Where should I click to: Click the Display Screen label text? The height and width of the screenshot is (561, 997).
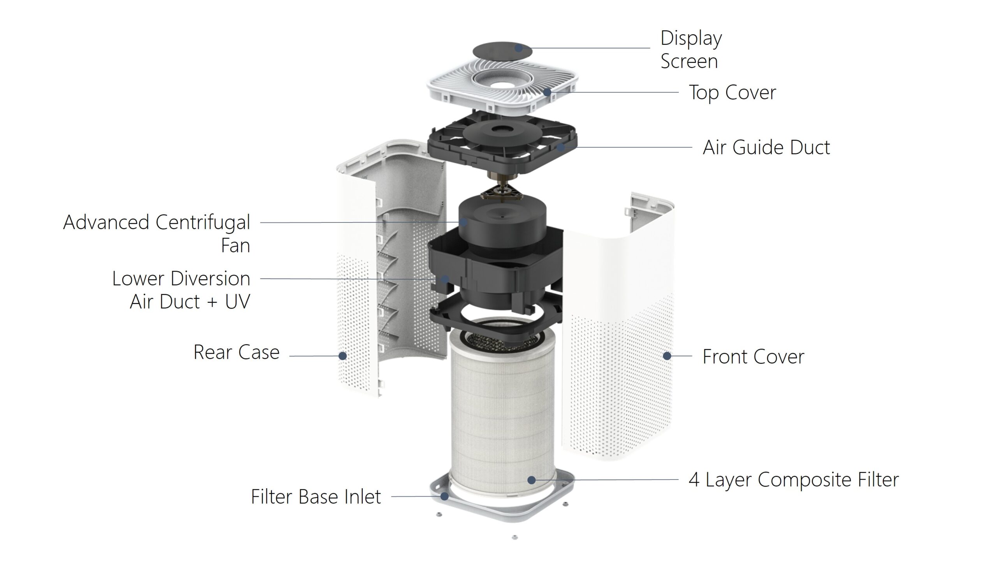pos(691,49)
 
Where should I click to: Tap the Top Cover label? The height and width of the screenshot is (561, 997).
pos(732,93)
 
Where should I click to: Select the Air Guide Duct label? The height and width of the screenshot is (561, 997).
pos(766,148)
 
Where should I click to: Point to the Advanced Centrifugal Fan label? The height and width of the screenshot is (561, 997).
pos(157,233)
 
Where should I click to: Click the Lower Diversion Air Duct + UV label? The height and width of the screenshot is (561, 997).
pos(181,290)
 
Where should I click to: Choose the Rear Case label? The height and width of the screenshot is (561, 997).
pos(236,353)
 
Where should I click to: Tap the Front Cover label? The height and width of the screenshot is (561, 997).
pos(753,356)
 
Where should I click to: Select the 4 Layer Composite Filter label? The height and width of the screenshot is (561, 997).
pos(794,480)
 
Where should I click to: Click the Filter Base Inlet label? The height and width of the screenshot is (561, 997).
pos(316,497)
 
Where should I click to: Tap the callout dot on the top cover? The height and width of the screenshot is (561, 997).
pos(547,92)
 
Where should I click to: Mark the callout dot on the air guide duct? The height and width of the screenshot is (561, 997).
pos(561,147)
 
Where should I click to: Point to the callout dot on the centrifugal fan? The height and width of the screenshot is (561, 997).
pos(463,222)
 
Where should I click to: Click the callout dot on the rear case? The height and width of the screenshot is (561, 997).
pos(343,356)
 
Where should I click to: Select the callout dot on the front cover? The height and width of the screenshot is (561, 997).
pos(667,356)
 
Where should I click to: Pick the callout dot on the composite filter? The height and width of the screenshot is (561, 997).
pos(531,480)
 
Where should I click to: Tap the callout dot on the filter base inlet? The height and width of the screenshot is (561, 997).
pos(444,496)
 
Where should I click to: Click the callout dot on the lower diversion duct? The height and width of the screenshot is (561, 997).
pos(445,279)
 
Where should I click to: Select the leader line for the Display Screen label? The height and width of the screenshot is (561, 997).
pos(584,48)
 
